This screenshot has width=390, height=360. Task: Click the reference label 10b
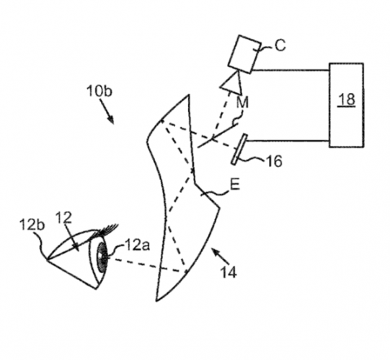tap(99, 91)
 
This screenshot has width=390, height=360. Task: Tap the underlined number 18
tap(347, 99)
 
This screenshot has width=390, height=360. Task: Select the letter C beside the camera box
tap(280, 45)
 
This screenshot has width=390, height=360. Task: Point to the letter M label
tap(242, 102)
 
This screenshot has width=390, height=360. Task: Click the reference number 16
tap(275, 161)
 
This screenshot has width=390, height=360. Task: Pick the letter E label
tap(235, 184)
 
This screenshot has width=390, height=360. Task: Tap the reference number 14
tap(229, 272)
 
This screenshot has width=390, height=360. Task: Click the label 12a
tap(137, 245)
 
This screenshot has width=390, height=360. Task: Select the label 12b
tap(32, 225)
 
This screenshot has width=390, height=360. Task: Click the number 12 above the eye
tap(63, 217)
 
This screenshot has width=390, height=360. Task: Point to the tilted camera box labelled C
tap(245, 55)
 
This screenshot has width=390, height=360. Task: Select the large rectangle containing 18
tap(346, 105)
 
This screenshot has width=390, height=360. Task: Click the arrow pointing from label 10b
tap(107, 112)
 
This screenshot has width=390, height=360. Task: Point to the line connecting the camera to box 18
tap(291, 71)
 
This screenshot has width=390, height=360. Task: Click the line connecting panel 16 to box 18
tap(288, 141)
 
